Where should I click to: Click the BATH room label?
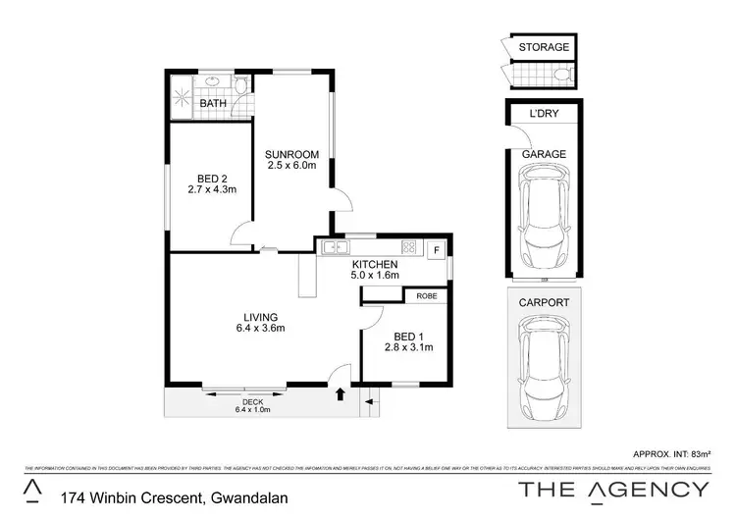click(x=213, y=102)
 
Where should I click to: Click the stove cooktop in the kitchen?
click(x=409, y=248)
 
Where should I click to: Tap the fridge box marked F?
click(x=436, y=249)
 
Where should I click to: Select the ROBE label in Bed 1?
click(x=426, y=295)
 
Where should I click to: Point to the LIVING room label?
click(x=261, y=316)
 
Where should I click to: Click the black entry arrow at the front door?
click(x=341, y=394)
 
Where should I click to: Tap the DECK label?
click(x=254, y=401)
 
